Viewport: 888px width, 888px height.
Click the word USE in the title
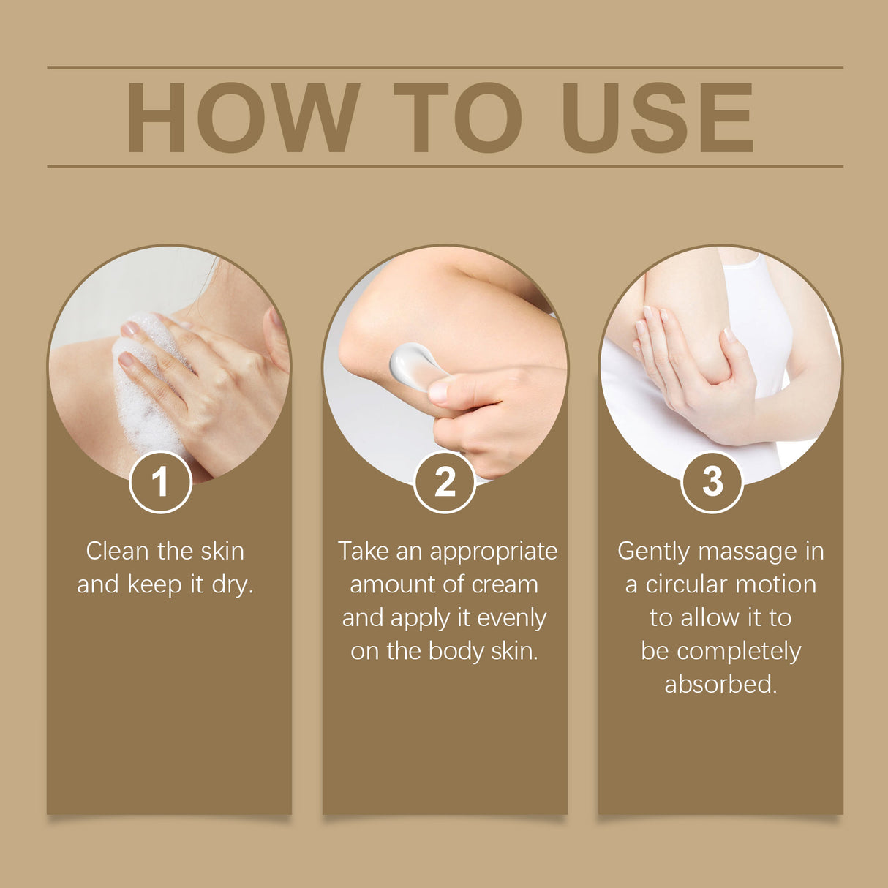pos(657,118)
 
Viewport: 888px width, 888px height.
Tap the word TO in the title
pos(458,118)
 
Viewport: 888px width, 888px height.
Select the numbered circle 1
pos(160,482)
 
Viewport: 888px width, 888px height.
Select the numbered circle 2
pos(445,482)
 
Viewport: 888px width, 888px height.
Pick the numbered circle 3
pos(712,482)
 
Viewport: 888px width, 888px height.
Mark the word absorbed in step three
pos(720,684)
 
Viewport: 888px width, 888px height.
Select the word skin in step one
pos(222,551)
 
